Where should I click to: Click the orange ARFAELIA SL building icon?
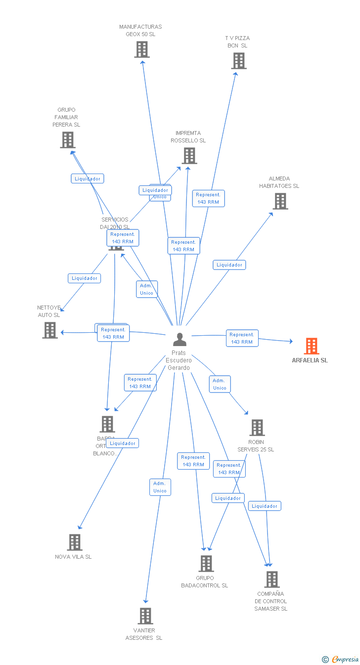(x=311, y=346)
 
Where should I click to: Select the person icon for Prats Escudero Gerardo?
(x=180, y=339)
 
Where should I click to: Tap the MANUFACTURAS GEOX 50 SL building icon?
(x=142, y=49)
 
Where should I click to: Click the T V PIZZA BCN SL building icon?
(x=239, y=61)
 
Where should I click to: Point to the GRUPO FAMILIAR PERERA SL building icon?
(x=68, y=140)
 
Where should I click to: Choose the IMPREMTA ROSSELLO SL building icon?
(x=189, y=156)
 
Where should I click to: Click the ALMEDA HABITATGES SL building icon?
(x=280, y=201)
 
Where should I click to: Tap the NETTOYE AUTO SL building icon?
(x=50, y=330)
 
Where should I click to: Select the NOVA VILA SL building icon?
(x=74, y=542)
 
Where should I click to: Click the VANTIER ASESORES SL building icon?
(x=145, y=616)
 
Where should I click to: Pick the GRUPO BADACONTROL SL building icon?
(x=206, y=564)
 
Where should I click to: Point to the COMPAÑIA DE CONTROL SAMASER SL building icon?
(x=271, y=579)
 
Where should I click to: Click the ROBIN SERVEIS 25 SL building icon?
(x=257, y=428)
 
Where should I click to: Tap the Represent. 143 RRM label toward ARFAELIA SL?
(x=242, y=338)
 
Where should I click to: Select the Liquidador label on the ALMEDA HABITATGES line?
(x=229, y=265)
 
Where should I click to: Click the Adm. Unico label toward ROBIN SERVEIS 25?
(x=220, y=384)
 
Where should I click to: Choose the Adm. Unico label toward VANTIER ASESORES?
(x=160, y=487)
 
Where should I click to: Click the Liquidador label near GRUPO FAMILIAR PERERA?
(x=88, y=178)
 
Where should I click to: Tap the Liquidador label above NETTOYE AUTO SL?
(x=85, y=278)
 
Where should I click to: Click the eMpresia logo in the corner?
(x=341, y=659)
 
